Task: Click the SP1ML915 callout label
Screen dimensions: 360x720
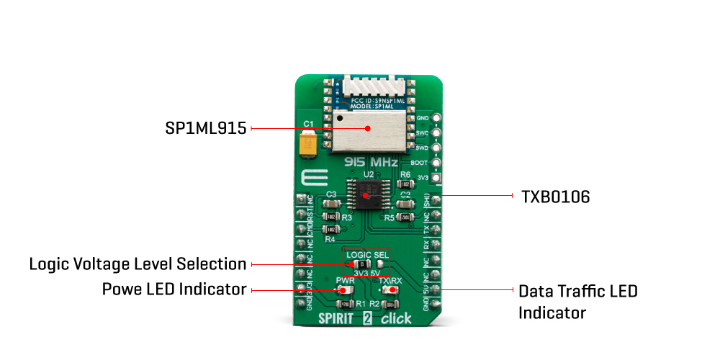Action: point(205,128)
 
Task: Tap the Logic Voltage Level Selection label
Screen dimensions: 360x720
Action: point(138,264)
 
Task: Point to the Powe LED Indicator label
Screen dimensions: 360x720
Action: point(175,289)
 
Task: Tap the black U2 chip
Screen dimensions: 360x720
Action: point(367,195)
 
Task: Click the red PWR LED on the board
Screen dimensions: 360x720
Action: point(344,290)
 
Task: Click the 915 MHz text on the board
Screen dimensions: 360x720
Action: point(371,163)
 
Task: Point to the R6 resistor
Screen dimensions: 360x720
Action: point(405,184)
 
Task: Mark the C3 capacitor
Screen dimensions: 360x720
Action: point(332,203)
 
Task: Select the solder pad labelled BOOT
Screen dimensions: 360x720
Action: point(435,163)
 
